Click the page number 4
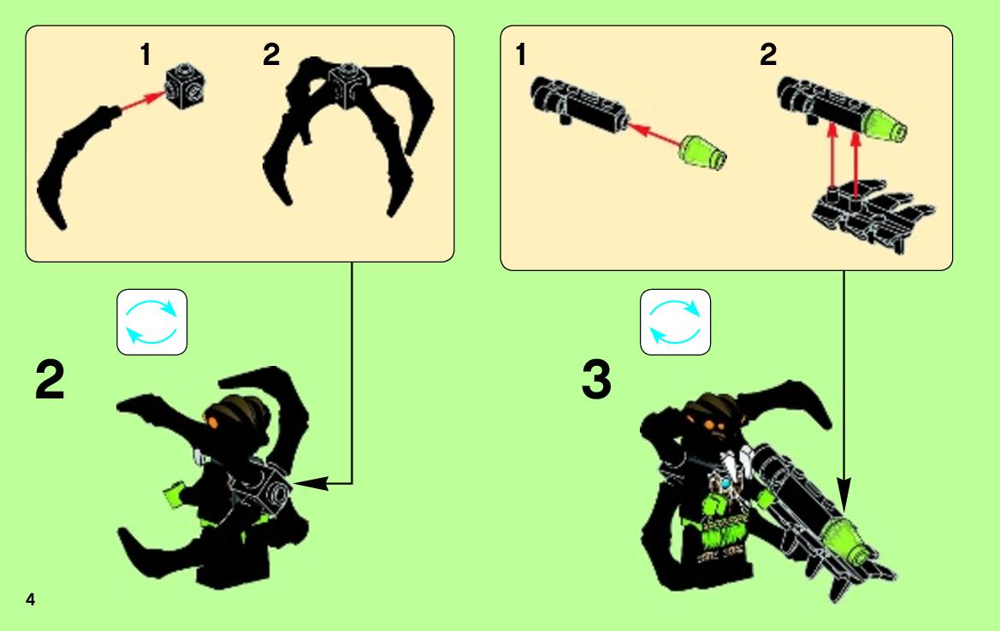click(30, 599)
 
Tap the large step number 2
click(50, 380)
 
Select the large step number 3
click(596, 380)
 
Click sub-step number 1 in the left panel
click(145, 54)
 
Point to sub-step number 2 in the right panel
click(768, 54)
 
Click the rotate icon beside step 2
click(151, 321)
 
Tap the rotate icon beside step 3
click(676, 321)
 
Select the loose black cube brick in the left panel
click(186, 85)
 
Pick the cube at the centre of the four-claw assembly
click(349, 81)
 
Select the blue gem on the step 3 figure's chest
click(725, 483)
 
